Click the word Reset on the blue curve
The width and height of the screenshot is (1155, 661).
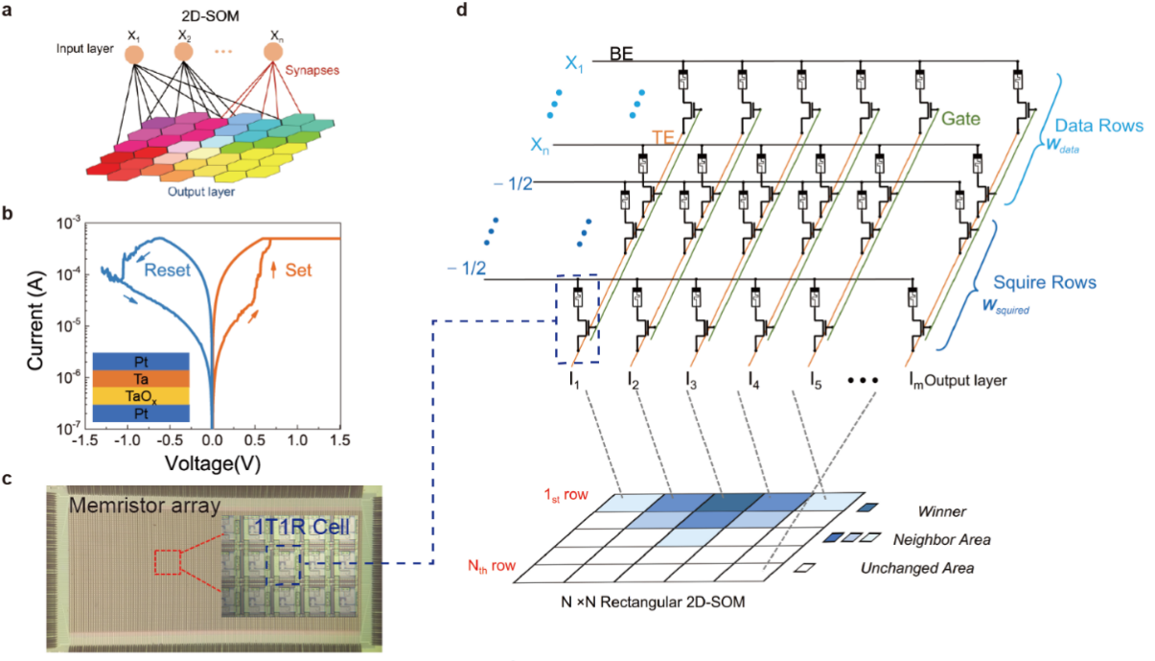[x=174, y=271]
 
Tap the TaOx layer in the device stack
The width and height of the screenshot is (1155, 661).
[x=141, y=393]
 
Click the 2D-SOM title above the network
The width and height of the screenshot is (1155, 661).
[x=203, y=12]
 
